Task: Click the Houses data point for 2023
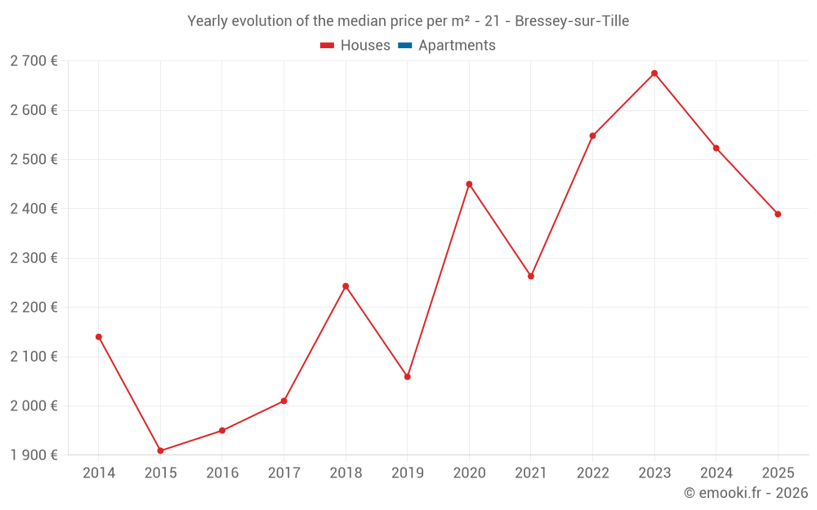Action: [654, 73]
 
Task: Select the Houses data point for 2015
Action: [160, 450]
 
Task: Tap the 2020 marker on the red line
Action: [469, 184]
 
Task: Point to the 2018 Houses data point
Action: [346, 286]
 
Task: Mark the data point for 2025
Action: [778, 215]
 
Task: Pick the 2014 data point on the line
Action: [99, 337]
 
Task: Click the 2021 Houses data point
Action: [531, 277]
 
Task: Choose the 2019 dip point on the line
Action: [408, 377]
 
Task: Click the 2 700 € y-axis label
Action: [33, 61]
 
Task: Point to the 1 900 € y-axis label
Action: [33, 455]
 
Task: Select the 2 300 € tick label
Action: [33, 258]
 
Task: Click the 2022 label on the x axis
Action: [592, 473]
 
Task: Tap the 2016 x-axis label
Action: [222, 473]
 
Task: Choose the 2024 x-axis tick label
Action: [716, 473]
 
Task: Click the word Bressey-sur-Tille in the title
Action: [572, 21]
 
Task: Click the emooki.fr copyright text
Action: [746, 493]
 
